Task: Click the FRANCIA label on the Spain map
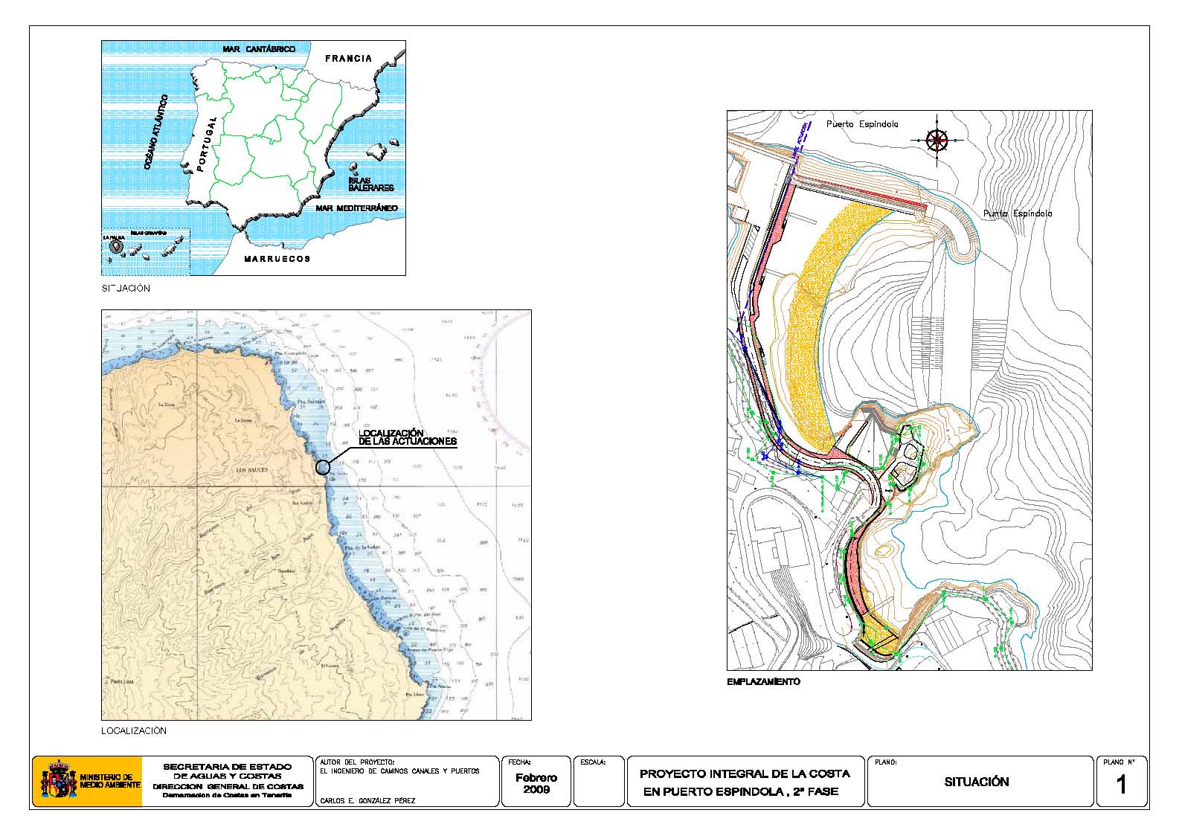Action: [x=348, y=58]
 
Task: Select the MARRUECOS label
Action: [x=277, y=259]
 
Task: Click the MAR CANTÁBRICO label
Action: [x=259, y=49]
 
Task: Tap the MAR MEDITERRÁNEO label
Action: [x=356, y=208]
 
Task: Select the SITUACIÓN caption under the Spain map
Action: [x=126, y=289]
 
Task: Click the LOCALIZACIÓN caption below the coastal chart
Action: [x=134, y=731]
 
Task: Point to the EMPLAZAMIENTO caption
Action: [x=763, y=681]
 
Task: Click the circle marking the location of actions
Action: [x=322, y=467]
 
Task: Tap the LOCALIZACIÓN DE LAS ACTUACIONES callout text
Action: [x=407, y=437]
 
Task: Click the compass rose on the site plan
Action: [x=937, y=139]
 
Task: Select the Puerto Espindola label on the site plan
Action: [x=862, y=124]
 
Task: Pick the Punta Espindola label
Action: [x=1018, y=213]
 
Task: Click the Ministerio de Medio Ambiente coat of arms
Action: [x=59, y=781]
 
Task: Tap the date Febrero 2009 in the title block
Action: [x=536, y=783]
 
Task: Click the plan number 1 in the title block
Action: [x=1121, y=785]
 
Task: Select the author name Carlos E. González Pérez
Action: [x=367, y=801]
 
